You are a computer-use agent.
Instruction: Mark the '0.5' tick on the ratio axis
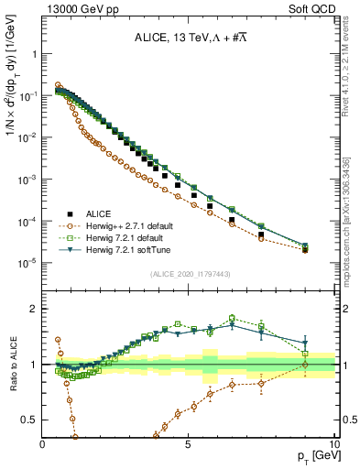(30, 420)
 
